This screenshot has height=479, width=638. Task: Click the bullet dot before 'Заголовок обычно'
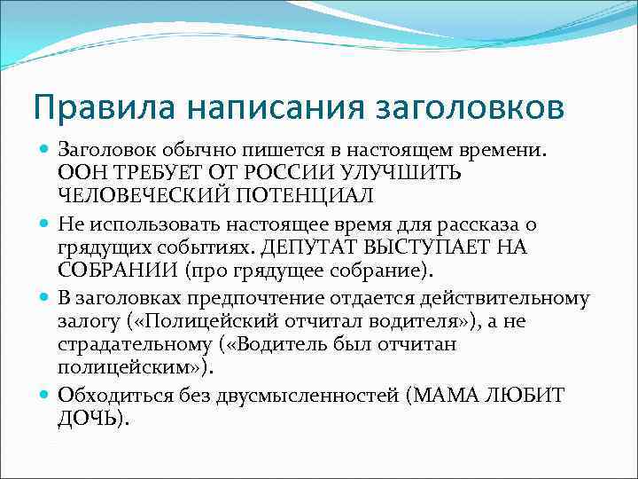[x=44, y=150]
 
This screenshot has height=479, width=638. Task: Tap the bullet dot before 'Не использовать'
[x=44, y=225]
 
